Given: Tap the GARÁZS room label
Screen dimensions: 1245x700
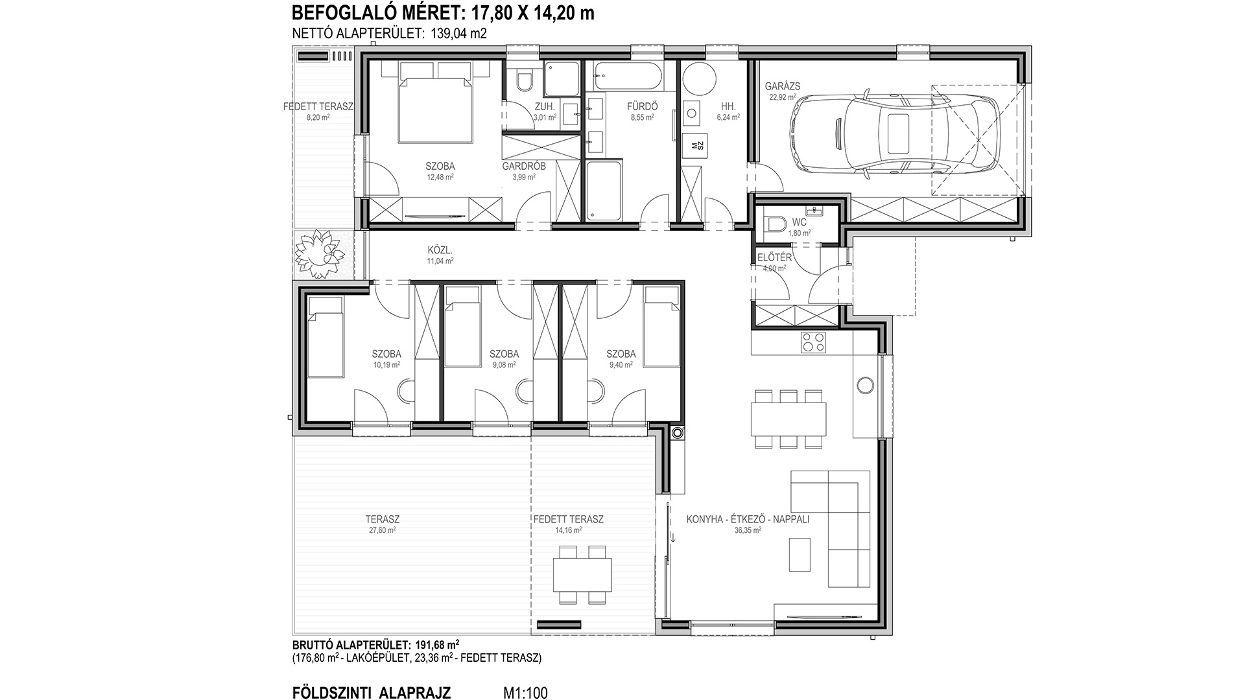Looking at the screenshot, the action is click(x=783, y=86).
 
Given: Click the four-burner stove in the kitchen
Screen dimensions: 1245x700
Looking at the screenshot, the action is click(x=813, y=342).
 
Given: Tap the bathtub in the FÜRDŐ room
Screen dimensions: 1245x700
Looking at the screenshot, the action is click(x=628, y=77).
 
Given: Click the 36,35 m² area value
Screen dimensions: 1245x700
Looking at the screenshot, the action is click(x=748, y=530).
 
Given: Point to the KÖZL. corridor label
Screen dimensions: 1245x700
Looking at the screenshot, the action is click(x=440, y=250).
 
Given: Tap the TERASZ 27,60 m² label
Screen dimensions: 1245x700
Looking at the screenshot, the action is click(x=382, y=524).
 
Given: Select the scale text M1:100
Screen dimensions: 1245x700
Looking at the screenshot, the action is click(x=525, y=693).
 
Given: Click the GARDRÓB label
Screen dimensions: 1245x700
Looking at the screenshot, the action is click(x=524, y=167).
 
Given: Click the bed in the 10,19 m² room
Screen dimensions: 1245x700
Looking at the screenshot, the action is click(x=325, y=337).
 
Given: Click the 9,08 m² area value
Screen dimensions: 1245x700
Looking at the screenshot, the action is click(x=504, y=365).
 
